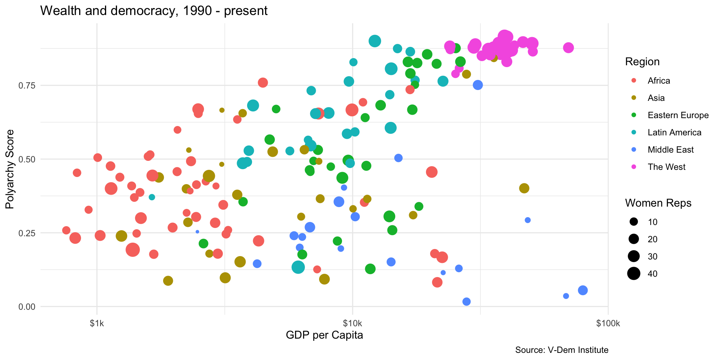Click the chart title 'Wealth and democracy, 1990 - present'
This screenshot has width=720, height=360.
(x=154, y=11)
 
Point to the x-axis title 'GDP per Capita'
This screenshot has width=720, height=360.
(x=324, y=335)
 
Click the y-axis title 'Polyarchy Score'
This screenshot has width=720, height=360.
(x=10, y=169)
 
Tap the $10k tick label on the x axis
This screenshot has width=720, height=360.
(x=352, y=324)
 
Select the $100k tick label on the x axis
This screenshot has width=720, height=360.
(x=608, y=324)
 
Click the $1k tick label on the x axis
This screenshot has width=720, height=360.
(x=97, y=324)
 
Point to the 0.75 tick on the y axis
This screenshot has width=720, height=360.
(x=27, y=85)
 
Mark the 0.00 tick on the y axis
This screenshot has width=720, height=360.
(x=27, y=307)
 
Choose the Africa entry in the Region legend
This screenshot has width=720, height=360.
(x=658, y=81)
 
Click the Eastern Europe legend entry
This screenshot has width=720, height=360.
(x=678, y=115)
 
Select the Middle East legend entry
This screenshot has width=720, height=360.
(x=670, y=150)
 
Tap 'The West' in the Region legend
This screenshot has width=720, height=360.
(x=666, y=167)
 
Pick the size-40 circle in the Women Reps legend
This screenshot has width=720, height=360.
(x=634, y=274)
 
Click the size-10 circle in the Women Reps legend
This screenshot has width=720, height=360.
(x=634, y=222)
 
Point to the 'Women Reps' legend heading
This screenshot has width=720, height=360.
(x=658, y=203)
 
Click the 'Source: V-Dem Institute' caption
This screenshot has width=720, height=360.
(x=561, y=350)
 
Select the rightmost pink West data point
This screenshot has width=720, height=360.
(x=568, y=48)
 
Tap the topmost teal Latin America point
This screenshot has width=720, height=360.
(x=375, y=41)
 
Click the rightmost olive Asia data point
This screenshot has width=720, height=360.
(x=524, y=188)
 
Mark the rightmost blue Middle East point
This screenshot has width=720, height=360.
(x=582, y=290)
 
